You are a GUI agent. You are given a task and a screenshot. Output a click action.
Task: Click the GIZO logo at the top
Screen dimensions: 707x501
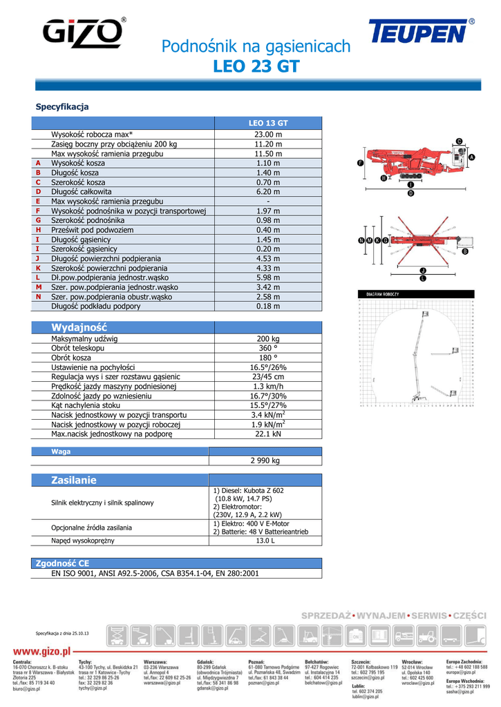[84, 33]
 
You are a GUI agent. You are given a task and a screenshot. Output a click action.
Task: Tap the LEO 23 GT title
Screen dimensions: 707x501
[256, 67]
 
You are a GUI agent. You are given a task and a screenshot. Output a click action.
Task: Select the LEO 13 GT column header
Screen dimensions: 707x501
[268, 123]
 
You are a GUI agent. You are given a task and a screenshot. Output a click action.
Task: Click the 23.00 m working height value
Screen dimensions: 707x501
[268, 134]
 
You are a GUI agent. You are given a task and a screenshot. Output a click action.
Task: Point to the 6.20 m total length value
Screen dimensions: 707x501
[268, 191]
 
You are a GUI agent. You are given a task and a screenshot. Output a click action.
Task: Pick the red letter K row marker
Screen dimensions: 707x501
[39, 268]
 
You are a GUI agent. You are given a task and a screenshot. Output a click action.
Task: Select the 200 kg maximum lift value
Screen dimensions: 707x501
[268, 339]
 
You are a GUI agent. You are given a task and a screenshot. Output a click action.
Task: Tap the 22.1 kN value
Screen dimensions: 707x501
[268, 434]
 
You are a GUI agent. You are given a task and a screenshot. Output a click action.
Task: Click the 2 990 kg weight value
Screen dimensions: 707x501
[265, 461]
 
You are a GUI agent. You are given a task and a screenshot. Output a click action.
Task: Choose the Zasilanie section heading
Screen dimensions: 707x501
[74, 480]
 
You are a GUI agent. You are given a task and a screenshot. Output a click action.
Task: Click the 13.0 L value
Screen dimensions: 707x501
[265, 541]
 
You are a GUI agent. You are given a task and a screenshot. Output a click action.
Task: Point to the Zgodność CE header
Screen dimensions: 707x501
[62, 564]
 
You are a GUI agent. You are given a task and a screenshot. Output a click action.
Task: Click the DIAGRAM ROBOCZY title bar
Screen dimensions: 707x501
[383, 294]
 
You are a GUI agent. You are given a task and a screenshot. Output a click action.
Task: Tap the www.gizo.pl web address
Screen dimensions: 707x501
[42, 650]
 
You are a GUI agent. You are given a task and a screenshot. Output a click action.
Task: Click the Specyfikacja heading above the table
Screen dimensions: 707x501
[62, 107]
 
